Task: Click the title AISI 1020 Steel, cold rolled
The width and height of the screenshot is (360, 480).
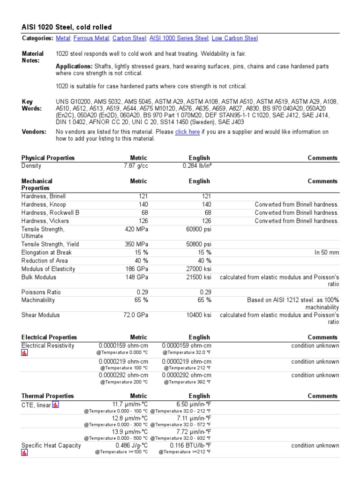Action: click(67, 28)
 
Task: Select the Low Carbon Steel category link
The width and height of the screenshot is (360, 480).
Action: click(234, 38)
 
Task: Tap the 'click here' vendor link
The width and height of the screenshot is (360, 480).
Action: click(187, 132)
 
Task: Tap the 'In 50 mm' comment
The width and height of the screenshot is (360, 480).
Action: click(327, 253)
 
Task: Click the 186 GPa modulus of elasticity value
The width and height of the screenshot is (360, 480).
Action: click(136, 269)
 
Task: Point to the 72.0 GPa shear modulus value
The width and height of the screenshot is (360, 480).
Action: click(135, 315)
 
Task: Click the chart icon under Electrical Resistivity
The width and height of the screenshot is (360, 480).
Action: click(24, 353)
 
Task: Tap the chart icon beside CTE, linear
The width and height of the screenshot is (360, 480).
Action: click(55, 405)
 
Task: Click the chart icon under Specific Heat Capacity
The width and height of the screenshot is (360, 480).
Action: click(24, 453)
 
